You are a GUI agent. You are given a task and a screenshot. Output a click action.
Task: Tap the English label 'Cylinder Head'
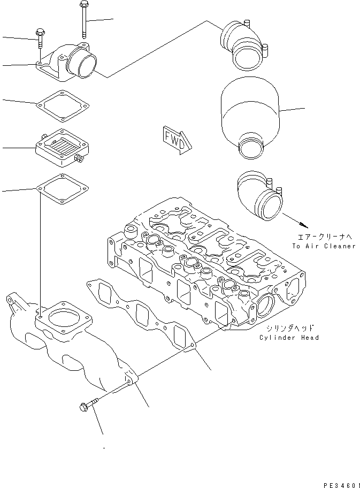tap(289, 338)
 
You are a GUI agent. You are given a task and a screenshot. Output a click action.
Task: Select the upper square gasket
tap(63, 104)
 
